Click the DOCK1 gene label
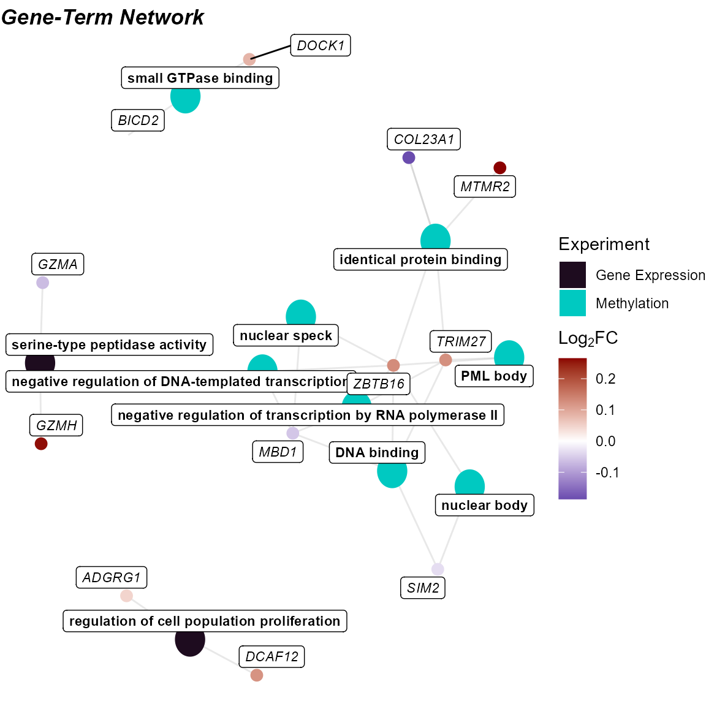click(x=321, y=45)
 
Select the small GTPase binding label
click(x=200, y=78)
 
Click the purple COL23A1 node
click(x=409, y=158)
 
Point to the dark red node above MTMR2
click(x=500, y=167)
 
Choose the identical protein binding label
click(x=420, y=259)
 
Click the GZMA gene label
click(x=58, y=264)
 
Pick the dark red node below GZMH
click(x=41, y=444)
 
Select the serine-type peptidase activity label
click(x=109, y=344)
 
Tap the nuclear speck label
click(x=286, y=335)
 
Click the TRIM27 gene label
click(x=461, y=341)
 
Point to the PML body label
click(x=494, y=376)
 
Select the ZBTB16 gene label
click(x=379, y=384)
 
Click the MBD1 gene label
click(x=278, y=452)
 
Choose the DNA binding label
click(x=377, y=452)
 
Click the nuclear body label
click(x=484, y=505)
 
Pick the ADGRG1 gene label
click(x=112, y=577)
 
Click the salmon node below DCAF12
click(x=257, y=675)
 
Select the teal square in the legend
click(x=572, y=303)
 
